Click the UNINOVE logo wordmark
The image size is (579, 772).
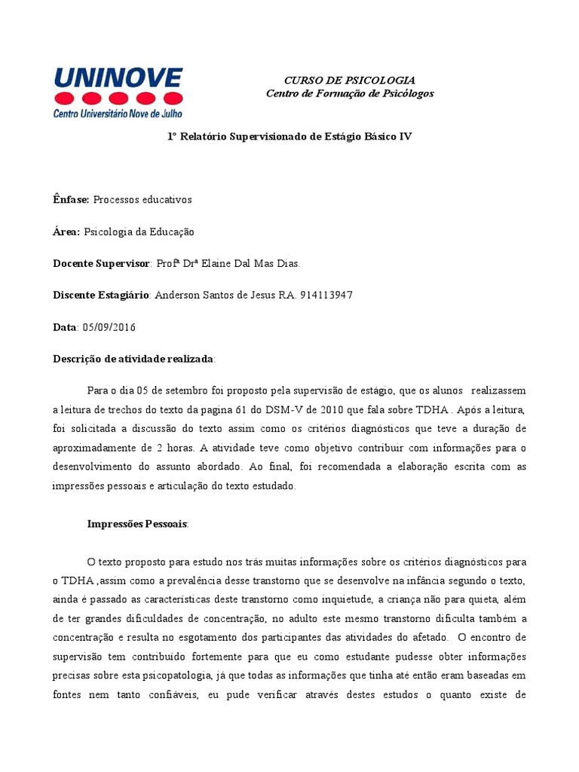[x=118, y=78]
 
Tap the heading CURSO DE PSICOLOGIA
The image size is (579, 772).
[x=349, y=80]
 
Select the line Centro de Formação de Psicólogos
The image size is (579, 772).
[x=350, y=93]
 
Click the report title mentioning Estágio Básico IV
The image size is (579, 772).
[x=289, y=136]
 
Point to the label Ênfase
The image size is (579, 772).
[x=71, y=200]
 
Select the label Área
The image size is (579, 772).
[x=66, y=232]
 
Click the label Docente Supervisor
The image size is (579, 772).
[x=102, y=264]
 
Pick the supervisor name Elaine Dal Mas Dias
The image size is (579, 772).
[x=245, y=264]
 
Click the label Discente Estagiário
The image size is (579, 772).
[x=102, y=296]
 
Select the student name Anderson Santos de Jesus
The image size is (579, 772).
[x=214, y=296]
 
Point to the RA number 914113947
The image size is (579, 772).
[x=326, y=296]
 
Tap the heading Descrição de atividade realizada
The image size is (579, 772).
[x=133, y=360]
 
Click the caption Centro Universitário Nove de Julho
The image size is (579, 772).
[x=118, y=113]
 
